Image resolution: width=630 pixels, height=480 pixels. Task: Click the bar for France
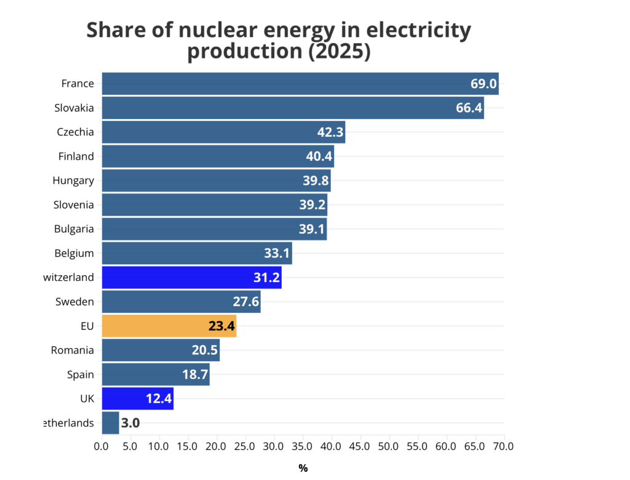300,84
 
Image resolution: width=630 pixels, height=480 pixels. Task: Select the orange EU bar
169,326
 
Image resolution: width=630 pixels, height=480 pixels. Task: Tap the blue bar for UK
137,399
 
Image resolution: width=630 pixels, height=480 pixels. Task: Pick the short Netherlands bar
110,423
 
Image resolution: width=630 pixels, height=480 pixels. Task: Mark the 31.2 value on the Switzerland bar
267,278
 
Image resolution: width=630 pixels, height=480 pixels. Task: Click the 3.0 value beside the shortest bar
130,423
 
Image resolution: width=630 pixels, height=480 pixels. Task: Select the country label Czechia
75,132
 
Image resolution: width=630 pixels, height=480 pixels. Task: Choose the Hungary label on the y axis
73,181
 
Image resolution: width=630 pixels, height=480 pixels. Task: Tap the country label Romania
73,351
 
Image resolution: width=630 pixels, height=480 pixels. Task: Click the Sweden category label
74,302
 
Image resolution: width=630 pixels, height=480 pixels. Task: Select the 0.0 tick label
102,445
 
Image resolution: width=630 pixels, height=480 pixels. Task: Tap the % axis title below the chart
303,468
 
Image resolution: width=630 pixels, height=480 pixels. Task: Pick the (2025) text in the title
339,51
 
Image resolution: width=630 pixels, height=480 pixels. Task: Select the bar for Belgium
196,253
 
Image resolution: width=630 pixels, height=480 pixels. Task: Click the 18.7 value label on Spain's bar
195,375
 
